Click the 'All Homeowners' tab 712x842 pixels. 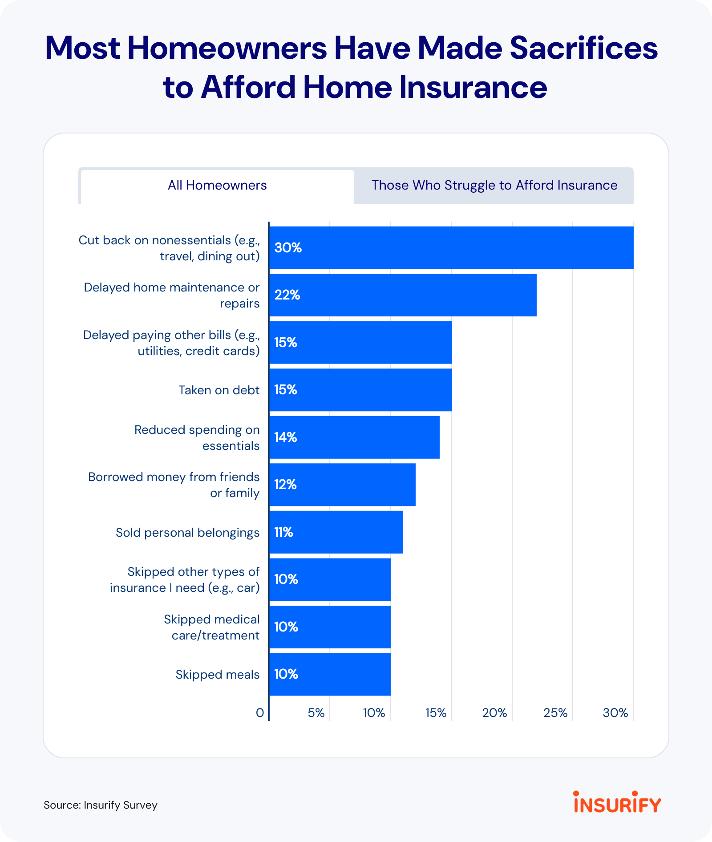tap(217, 186)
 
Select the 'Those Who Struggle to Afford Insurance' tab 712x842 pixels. tap(494, 186)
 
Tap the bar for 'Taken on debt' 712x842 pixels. tap(360, 390)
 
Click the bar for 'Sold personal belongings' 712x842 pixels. tap(336, 532)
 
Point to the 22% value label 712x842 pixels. tap(287, 295)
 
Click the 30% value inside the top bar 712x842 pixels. tap(288, 248)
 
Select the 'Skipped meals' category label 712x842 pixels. tap(217, 675)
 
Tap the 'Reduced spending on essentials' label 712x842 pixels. tap(197, 437)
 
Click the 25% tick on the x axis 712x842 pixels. tap(555, 713)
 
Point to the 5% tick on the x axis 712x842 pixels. tap(316, 713)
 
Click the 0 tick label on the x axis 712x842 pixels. tap(260, 713)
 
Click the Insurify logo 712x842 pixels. tap(617, 802)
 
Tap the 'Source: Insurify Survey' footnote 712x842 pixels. tap(101, 805)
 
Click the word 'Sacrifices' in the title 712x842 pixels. tap(583, 48)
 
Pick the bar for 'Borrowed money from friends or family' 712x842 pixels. tap(342, 485)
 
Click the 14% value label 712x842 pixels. tap(285, 437)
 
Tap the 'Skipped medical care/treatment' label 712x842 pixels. tap(211, 627)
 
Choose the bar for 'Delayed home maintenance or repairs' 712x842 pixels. tap(403, 295)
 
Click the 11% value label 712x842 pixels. tap(283, 532)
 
